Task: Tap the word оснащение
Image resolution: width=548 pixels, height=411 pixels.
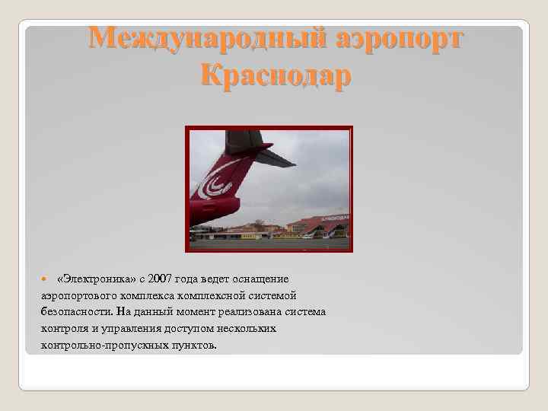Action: [x=256, y=279]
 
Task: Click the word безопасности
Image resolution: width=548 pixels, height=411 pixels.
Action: [x=76, y=312]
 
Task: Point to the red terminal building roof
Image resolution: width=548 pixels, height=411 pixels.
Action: [x=312, y=223]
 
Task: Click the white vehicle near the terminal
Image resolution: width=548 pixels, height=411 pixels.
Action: [x=307, y=236]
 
